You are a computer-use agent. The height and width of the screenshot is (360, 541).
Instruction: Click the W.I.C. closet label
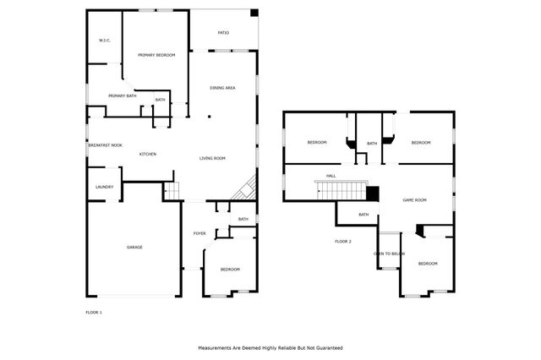point(105,41)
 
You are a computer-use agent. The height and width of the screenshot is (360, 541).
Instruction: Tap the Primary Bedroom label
point(156,55)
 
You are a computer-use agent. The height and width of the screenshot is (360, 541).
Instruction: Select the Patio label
point(224,34)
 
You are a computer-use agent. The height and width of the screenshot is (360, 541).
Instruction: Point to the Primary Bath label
point(123,95)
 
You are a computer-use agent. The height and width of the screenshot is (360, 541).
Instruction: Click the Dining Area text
point(222,87)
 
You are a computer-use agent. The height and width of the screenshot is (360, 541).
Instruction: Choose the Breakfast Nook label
point(105,145)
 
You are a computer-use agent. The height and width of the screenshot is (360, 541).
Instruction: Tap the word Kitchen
point(148,154)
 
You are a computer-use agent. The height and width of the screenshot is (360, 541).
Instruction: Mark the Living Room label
point(212,158)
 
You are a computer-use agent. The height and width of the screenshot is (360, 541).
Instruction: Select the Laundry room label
point(105,187)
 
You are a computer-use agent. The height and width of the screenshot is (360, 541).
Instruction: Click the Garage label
point(134,247)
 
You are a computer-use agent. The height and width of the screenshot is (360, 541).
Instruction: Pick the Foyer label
point(199,233)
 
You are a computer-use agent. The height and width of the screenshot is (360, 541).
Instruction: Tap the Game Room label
point(414,200)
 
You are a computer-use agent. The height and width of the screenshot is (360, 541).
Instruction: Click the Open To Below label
point(390,254)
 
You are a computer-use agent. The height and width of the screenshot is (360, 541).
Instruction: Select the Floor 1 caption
point(94,313)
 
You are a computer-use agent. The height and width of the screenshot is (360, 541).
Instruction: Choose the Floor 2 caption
point(342,242)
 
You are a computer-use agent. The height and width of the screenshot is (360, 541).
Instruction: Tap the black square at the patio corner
point(254,12)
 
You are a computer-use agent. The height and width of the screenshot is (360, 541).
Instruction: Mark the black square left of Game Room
point(371,194)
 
